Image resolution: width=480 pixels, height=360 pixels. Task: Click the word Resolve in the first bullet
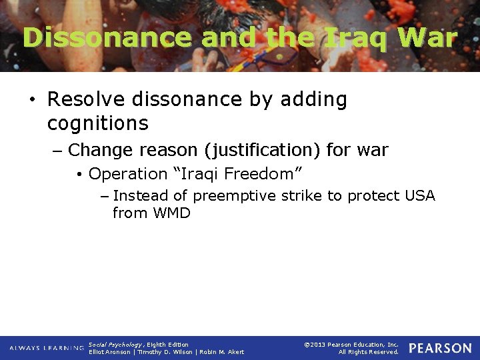click(88, 99)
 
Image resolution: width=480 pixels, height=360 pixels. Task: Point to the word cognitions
click(97, 123)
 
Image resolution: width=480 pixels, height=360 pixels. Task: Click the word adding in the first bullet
click(314, 99)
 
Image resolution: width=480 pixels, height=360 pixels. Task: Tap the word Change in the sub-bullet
click(103, 151)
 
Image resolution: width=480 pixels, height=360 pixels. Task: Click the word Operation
click(128, 174)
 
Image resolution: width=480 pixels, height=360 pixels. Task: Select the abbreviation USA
click(419, 196)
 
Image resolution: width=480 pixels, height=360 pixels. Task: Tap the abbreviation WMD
click(171, 213)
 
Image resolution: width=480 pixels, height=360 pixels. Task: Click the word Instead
click(141, 196)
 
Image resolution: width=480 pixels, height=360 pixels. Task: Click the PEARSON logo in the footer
click(440, 349)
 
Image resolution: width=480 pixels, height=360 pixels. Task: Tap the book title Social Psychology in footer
click(115, 345)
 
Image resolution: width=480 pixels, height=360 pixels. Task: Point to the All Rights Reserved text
click(369, 352)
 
